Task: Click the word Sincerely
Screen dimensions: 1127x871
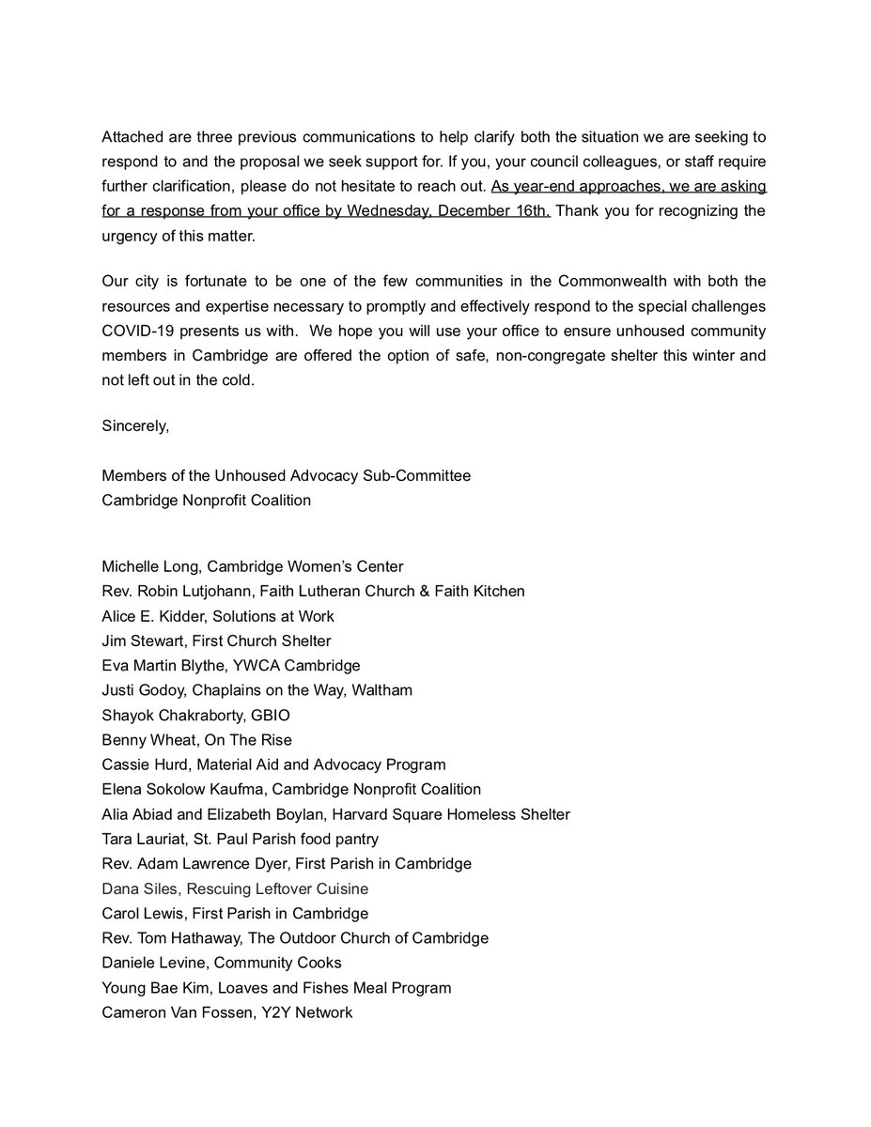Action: tap(135, 426)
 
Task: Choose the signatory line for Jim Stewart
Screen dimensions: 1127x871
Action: tap(216, 641)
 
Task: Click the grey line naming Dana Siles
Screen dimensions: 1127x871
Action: tap(235, 888)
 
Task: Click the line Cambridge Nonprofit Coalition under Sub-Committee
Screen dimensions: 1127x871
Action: tap(206, 501)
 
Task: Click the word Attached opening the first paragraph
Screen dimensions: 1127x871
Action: tap(132, 135)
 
